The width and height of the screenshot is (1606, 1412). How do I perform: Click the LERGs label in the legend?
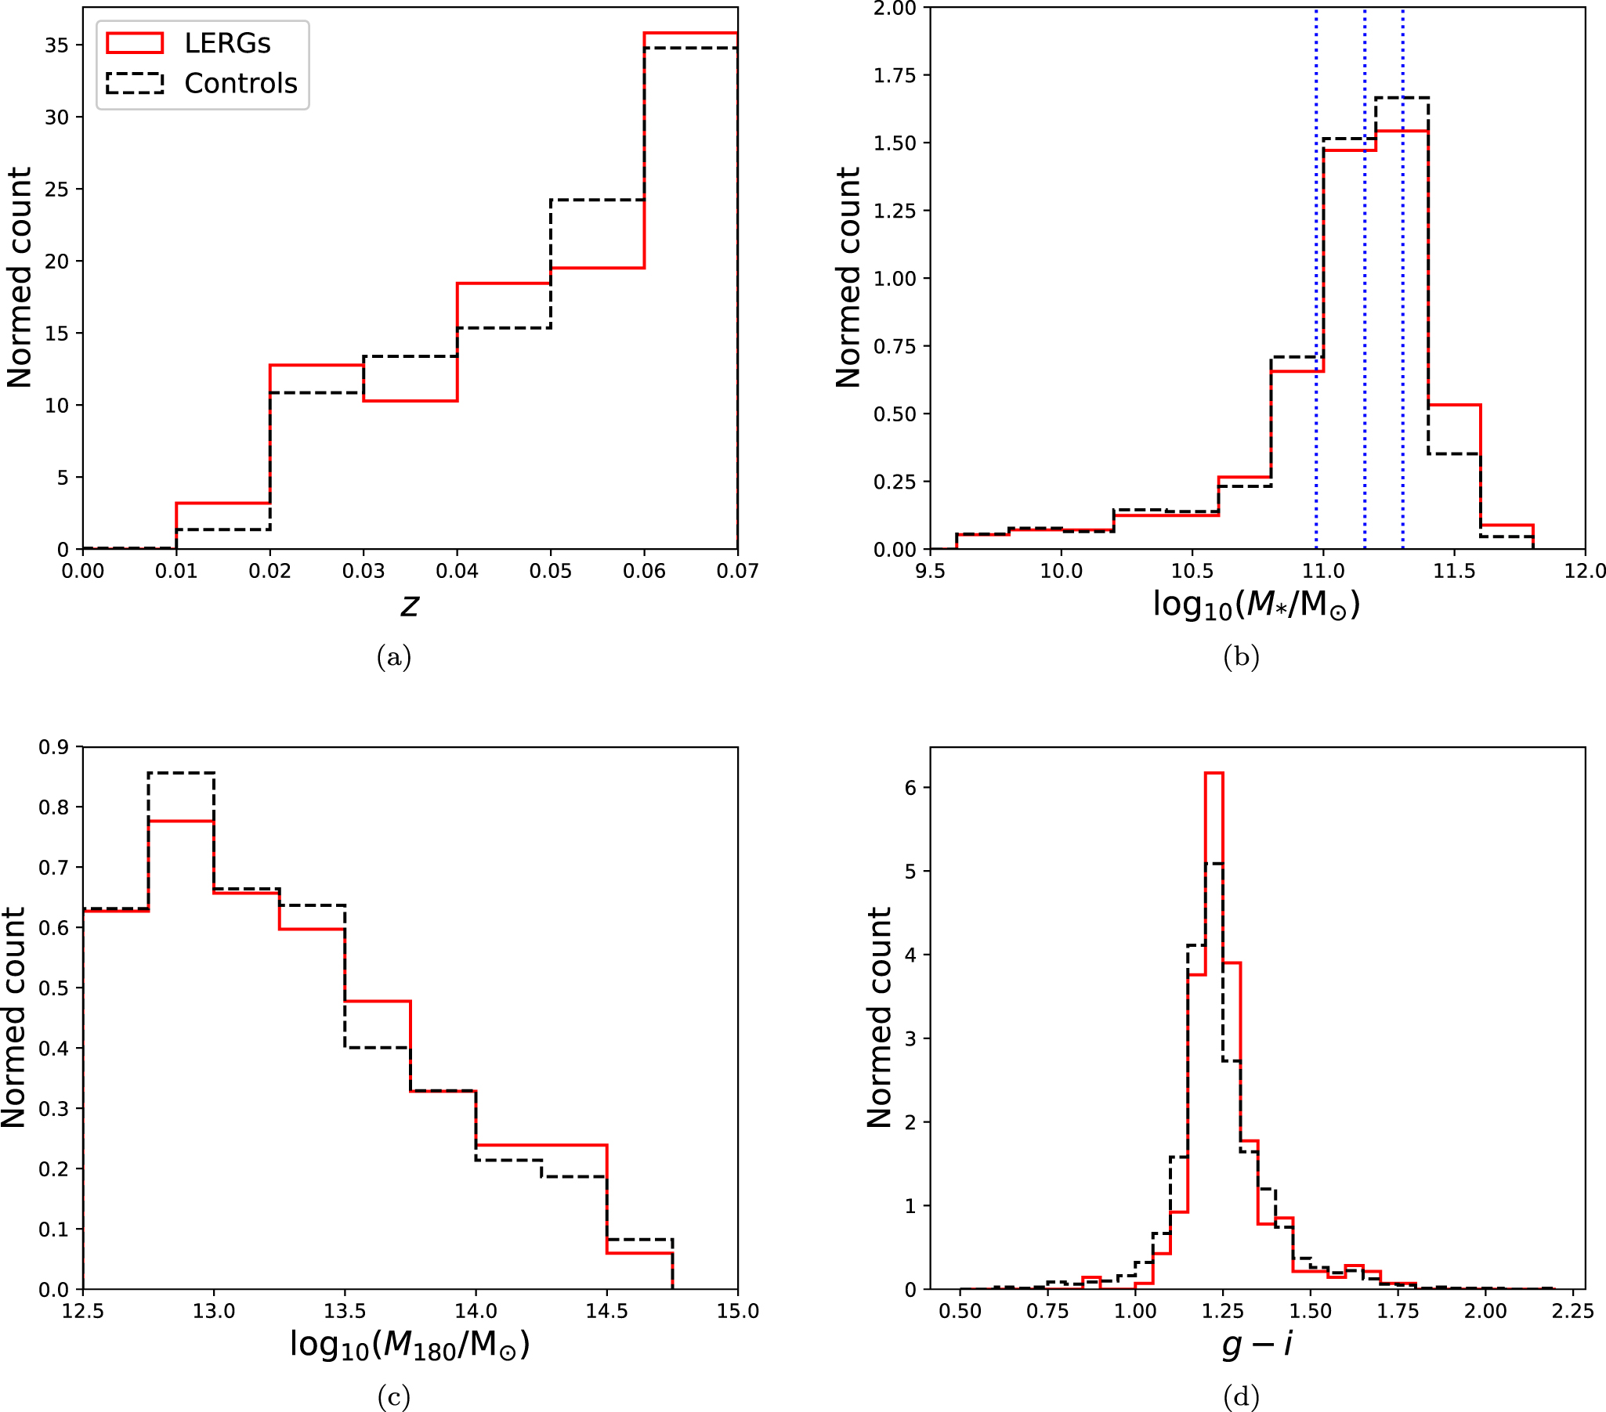point(227,44)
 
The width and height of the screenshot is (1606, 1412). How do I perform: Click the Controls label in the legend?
point(241,83)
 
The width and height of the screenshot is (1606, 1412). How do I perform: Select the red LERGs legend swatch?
point(135,43)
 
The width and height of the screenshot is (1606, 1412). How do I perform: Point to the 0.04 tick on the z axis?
point(458,571)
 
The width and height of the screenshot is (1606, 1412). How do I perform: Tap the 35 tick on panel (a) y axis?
point(56,45)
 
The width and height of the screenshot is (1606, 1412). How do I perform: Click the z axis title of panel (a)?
point(410,605)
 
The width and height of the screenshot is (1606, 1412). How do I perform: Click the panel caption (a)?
point(393,656)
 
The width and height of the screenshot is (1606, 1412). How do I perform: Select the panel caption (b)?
point(1241,656)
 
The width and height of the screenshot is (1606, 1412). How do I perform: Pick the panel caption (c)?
point(393,1396)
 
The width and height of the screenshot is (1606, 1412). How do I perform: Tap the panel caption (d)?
point(1241,1396)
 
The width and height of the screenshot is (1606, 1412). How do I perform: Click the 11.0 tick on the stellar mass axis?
point(1323,571)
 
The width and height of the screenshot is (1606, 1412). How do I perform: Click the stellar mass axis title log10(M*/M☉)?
point(1257,605)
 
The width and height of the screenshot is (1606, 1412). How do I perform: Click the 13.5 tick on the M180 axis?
point(345,1311)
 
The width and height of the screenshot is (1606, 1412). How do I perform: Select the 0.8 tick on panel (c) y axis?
point(53,807)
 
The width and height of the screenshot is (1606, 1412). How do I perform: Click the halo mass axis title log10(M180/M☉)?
point(410,1345)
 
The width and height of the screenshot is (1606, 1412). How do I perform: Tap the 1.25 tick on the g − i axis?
point(1223,1311)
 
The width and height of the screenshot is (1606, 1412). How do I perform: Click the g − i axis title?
point(1257,1345)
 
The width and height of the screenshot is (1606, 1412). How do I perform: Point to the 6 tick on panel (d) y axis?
point(910,788)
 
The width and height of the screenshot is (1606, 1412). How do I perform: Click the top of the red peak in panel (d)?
point(1214,774)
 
